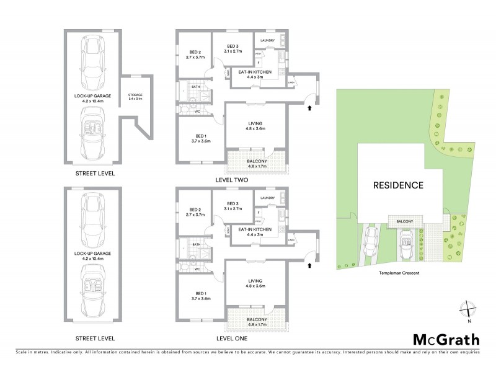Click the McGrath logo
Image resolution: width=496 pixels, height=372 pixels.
[446, 339]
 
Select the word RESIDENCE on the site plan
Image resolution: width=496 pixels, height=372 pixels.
[398, 185]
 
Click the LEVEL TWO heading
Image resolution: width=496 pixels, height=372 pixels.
[232, 180]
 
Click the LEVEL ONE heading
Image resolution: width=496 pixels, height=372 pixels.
[232, 339]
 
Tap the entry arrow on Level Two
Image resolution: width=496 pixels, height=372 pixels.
[309, 108]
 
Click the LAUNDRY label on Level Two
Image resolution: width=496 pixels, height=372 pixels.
[268, 41]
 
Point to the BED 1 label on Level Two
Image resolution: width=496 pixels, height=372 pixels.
[201, 138]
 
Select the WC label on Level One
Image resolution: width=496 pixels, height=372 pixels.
[197, 269]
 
